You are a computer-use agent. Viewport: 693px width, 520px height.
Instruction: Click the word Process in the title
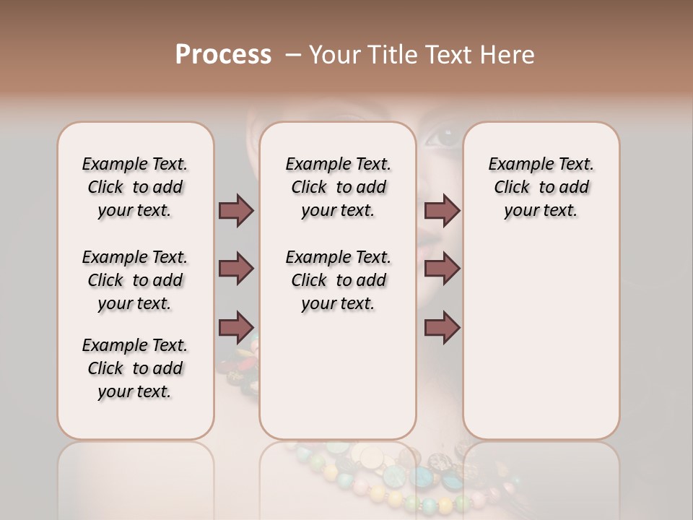tap(223, 54)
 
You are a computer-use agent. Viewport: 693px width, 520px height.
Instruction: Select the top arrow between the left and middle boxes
tap(236, 210)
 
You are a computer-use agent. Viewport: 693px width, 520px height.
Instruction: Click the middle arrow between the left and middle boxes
tap(236, 269)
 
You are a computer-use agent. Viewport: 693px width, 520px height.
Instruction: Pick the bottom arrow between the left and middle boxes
tap(236, 327)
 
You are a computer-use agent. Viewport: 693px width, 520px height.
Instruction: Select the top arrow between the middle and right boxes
tap(442, 210)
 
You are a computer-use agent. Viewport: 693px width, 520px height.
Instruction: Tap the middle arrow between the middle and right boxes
tap(442, 269)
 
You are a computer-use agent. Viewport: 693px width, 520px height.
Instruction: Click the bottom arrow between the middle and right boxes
tap(442, 327)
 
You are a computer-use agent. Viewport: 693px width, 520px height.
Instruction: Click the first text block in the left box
tap(135, 187)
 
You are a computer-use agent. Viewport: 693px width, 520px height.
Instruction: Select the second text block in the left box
tap(135, 280)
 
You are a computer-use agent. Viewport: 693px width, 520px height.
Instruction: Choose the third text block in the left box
tap(135, 368)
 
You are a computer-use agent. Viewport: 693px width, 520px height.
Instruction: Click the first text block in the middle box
tap(338, 187)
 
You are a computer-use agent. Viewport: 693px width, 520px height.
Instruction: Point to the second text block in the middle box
tap(338, 280)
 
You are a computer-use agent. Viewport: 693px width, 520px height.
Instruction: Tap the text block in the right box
tap(541, 187)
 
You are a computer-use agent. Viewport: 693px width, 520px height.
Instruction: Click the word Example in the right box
tap(517, 165)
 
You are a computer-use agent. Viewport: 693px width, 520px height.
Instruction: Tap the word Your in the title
tap(336, 54)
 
